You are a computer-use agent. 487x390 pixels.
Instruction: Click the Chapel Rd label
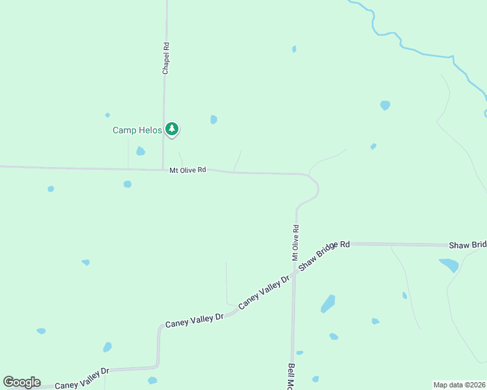click(x=166, y=58)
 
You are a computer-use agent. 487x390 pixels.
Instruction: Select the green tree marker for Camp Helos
click(x=172, y=129)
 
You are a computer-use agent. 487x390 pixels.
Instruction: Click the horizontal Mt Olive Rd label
click(x=188, y=170)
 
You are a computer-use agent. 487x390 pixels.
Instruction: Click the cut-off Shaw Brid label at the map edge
click(x=467, y=245)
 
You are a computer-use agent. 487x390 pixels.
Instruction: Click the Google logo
click(x=21, y=382)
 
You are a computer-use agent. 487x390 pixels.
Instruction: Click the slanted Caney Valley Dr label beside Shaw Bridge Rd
click(x=264, y=292)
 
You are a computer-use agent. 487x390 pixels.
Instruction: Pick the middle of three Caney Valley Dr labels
click(x=194, y=319)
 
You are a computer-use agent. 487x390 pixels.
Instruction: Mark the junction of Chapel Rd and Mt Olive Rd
click(x=163, y=170)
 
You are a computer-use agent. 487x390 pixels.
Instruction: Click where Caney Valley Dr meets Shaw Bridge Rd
click(x=294, y=274)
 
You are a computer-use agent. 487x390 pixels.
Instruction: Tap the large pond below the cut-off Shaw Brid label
click(x=449, y=265)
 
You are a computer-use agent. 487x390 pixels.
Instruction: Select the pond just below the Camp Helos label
click(x=140, y=151)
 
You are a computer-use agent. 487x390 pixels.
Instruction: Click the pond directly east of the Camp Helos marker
click(x=214, y=120)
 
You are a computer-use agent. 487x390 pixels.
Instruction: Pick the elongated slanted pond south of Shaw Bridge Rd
click(x=328, y=304)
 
